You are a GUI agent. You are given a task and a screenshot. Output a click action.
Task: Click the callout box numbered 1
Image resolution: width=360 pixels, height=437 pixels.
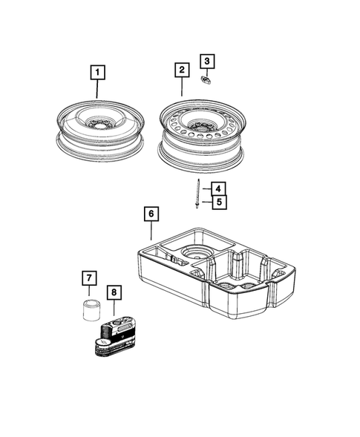pos(98,73)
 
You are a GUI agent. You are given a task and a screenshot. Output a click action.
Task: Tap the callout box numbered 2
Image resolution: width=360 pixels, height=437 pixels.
pos(181,70)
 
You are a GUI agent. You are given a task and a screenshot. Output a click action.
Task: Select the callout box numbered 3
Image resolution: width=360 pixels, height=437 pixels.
pos(208,60)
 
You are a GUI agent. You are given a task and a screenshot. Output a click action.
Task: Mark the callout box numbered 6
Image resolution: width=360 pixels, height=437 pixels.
pos(151,214)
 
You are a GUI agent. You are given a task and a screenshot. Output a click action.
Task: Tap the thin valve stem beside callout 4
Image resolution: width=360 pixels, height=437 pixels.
pos(199,194)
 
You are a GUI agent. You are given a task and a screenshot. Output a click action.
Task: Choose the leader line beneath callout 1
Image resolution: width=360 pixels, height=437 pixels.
pos(98,91)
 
